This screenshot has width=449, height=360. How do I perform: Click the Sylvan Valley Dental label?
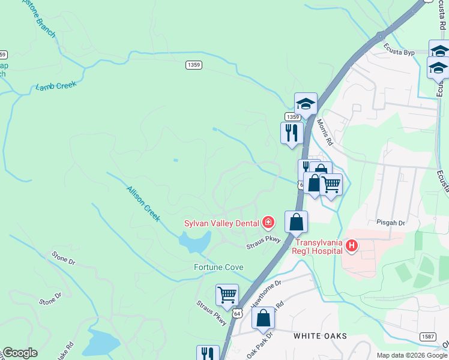(221, 224)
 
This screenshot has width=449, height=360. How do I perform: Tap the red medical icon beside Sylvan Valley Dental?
(267, 224)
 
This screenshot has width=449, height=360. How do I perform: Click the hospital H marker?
(352, 245)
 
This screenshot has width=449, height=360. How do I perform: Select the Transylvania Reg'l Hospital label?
(318, 246)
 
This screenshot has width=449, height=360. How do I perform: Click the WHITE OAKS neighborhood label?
(320, 336)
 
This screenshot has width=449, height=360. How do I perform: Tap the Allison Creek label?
(143, 204)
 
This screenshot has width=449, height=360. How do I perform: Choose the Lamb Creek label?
(56, 86)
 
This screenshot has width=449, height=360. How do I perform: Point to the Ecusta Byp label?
(400, 53)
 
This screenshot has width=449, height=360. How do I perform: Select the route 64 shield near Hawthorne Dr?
(238, 313)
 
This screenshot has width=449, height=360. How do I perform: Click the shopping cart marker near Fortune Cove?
(227, 295)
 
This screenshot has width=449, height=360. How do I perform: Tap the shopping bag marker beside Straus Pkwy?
(296, 222)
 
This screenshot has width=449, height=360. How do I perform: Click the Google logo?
(20, 353)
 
